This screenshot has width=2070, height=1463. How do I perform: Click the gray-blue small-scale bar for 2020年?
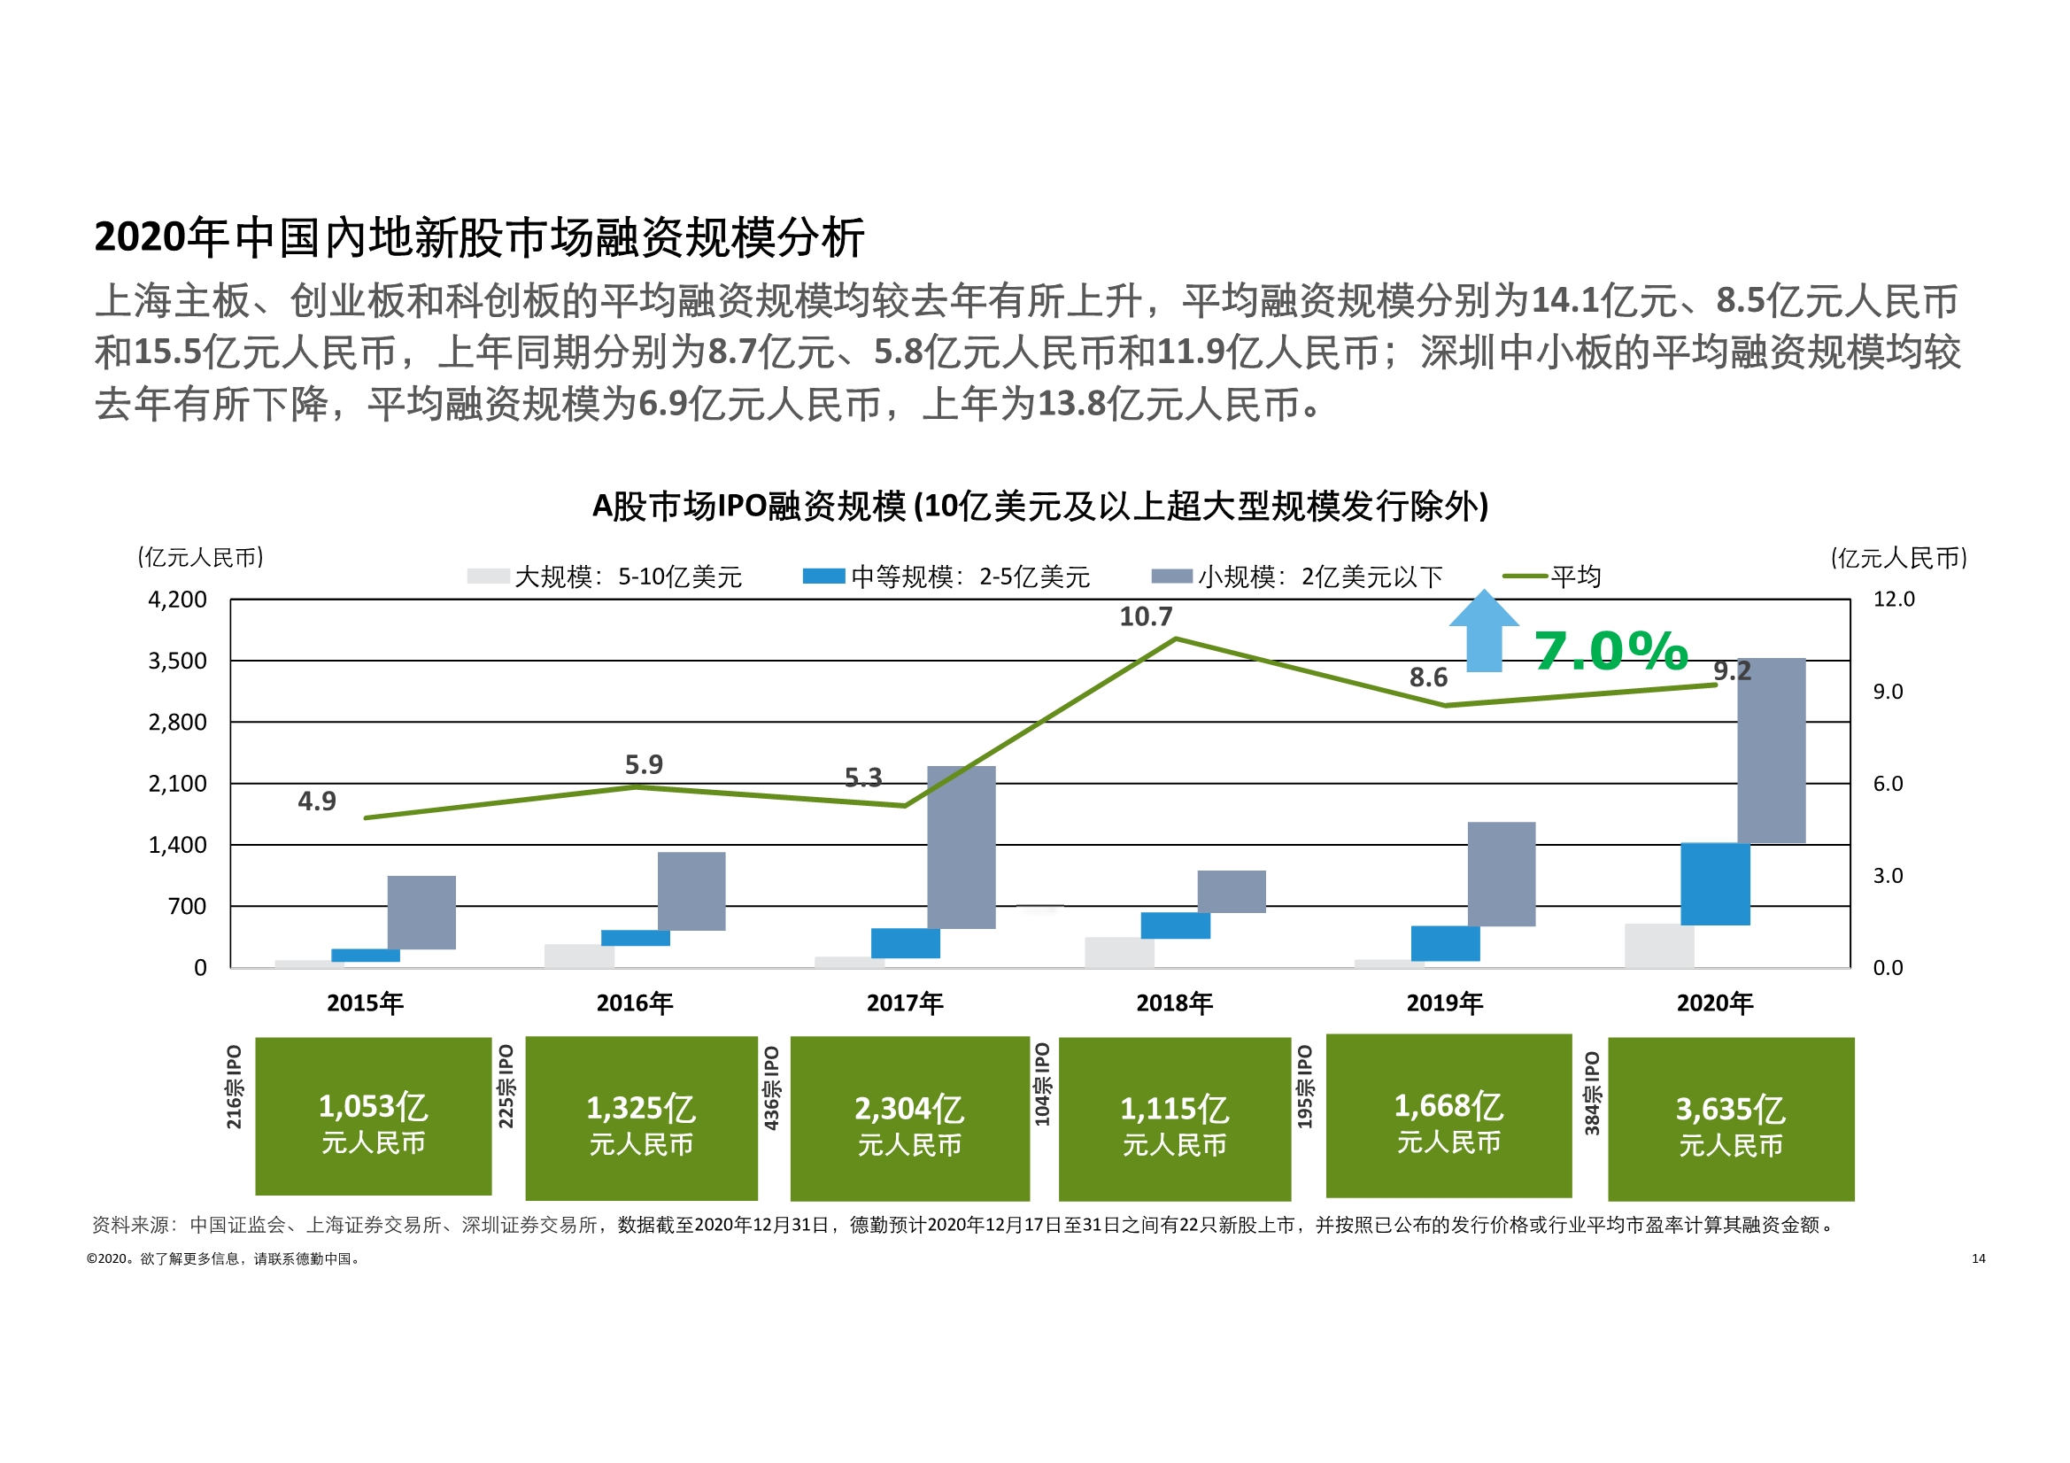(1771, 750)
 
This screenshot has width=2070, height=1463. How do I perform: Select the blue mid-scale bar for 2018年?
(1175, 925)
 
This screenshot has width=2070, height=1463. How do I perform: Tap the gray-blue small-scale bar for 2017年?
(962, 847)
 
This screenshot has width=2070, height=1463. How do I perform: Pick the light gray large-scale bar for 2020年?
(1659, 945)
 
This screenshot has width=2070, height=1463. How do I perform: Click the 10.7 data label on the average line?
(1146, 617)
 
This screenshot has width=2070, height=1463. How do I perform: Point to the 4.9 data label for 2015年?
(316, 801)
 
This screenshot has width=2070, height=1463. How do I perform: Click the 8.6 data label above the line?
(1428, 677)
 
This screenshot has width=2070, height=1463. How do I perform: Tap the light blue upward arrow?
(1484, 631)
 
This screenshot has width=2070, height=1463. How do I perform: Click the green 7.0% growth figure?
(1611, 651)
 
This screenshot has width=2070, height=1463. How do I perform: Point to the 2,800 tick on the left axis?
(178, 723)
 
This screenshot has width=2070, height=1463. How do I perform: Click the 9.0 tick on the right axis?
(1888, 692)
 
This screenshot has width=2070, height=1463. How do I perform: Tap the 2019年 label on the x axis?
(1444, 1003)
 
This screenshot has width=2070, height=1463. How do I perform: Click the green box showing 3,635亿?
(1730, 1119)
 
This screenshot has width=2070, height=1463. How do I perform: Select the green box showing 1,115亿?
(1174, 1119)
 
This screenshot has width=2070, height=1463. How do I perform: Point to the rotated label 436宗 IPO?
(772, 1088)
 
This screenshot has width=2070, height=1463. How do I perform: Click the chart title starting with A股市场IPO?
(1039, 506)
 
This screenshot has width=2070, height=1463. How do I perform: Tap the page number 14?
(1978, 1258)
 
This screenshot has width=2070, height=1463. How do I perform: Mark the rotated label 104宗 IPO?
(1042, 1084)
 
